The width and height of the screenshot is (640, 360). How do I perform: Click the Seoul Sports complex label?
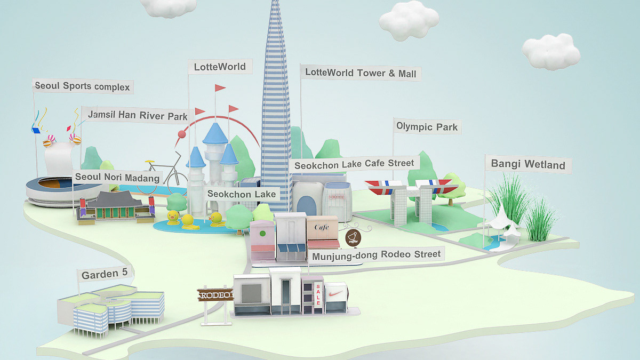pyautogui.click(x=82, y=86)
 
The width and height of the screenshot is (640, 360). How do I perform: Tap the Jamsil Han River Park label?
pyautogui.click(x=138, y=115)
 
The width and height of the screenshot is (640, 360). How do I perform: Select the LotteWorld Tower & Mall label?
pyautogui.click(x=360, y=73)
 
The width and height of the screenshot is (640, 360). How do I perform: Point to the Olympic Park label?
pyautogui.click(x=427, y=127)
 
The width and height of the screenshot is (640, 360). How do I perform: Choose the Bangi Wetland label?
pyautogui.click(x=528, y=164)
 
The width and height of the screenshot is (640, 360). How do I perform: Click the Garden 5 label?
pyautogui.click(x=105, y=274)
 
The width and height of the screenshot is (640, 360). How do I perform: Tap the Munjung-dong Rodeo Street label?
pyautogui.click(x=377, y=255)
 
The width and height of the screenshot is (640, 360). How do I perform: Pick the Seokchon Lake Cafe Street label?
pyautogui.click(x=354, y=164)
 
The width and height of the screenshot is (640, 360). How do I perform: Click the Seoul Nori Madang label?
pyautogui.click(x=117, y=177)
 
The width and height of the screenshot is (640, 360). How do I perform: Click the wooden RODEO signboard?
pyautogui.click(x=215, y=295)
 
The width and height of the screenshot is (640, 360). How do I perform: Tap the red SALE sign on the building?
pyautogui.click(x=318, y=294)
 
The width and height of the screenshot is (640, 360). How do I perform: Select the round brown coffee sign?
pyautogui.click(x=353, y=237)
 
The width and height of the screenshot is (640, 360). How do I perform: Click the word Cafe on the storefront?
pyautogui.click(x=322, y=227)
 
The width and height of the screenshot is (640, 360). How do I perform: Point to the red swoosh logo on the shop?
pyautogui.click(x=336, y=294)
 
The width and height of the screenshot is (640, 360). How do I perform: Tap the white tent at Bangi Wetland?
pyautogui.click(x=505, y=224)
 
